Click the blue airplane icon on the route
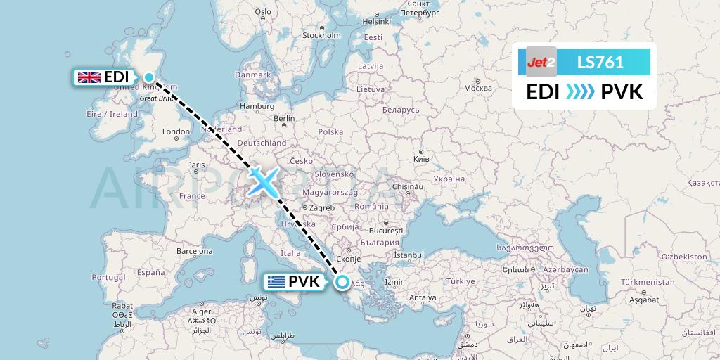click(263, 181)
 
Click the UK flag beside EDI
click(89, 77)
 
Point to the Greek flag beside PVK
click(276, 282)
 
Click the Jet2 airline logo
click(541, 62)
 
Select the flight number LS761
click(600, 62)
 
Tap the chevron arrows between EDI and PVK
click(580, 91)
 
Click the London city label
click(176, 131)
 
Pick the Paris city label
click(195, 165)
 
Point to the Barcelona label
click(194, 251)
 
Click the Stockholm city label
click(321, 35)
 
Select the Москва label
click(478, 89)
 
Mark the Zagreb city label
click(321, 208)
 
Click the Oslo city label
click(263, 11)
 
